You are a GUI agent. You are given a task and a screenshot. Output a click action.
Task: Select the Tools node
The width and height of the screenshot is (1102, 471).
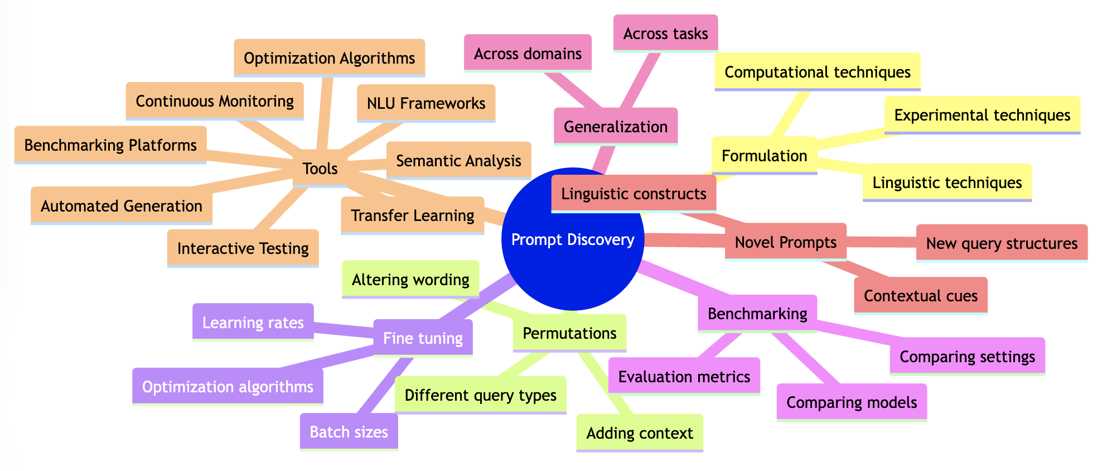click(320, 169)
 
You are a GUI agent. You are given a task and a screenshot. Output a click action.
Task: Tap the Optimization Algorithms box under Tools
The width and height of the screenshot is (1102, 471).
click(329, 58)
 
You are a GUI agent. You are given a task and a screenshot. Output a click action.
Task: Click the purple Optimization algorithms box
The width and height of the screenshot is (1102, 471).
click(228, 387)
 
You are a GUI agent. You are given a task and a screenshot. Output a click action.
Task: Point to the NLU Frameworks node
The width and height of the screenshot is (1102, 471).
click(426, 103)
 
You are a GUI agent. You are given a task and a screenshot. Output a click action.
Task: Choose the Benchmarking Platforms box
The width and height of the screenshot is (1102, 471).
click(110, 145)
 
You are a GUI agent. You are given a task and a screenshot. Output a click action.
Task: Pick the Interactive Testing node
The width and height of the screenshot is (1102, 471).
click(243, 248)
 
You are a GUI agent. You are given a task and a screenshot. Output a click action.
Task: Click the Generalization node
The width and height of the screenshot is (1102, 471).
click(615, 127)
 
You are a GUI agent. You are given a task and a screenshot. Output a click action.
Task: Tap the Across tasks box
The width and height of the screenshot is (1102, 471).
click(665, 33)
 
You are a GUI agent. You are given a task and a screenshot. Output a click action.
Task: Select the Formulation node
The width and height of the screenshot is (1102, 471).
click(764, 156)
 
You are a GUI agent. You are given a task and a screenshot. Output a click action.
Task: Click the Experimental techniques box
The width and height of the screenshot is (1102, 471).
click(982, 115)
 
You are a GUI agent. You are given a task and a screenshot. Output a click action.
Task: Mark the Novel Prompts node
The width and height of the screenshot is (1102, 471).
click(785, 242)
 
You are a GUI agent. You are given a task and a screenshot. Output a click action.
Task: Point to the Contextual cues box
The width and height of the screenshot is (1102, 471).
click(920, 296)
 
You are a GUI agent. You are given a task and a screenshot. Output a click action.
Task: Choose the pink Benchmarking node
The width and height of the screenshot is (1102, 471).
click(757, 314)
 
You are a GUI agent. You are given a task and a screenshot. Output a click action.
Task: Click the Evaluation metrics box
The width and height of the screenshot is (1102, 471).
click(684, 377)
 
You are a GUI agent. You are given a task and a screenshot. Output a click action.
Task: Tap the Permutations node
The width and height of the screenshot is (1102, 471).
click(569, 333)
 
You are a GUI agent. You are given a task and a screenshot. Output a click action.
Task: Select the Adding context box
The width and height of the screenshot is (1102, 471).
click(639, 433)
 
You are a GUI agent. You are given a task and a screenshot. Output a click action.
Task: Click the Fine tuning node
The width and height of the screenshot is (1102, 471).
click(423, 338)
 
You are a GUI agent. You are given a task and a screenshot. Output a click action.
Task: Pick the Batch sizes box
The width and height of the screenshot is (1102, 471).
click(349, 432)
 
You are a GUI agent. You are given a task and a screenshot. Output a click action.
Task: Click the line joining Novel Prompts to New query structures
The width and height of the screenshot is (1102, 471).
click(881, 242)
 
